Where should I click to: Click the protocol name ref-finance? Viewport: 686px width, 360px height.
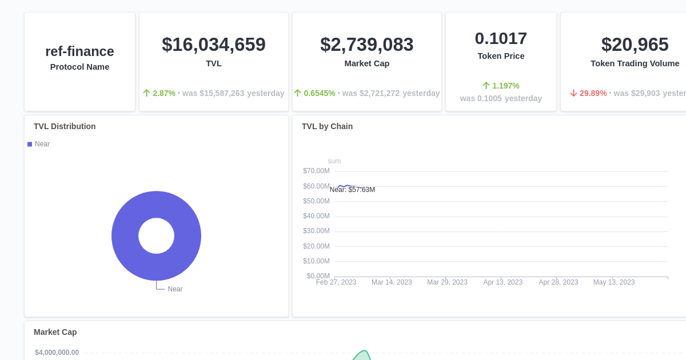point(79,51)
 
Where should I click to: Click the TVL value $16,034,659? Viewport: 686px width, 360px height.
point(213,45)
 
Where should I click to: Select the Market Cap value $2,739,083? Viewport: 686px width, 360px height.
point(366,45)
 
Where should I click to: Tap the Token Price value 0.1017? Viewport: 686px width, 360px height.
point(501,38)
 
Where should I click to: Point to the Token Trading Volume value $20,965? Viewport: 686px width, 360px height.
point(635,45)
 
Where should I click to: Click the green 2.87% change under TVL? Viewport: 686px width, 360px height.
point(163,93)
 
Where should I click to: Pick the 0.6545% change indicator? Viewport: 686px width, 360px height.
point(319,93)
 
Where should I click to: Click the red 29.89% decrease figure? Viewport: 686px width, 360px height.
point(593,93)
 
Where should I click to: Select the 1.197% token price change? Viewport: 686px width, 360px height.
point(505,86)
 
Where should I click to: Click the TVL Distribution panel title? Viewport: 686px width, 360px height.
point(65,126)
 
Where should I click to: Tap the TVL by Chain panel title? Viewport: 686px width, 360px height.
point(327,126)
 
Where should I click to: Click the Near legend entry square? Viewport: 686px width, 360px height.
point(30,144)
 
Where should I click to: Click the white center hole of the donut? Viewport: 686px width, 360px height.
point(156,235)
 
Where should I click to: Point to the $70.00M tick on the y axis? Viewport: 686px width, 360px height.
point(316,171)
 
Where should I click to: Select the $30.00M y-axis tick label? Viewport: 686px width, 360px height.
point(316,231)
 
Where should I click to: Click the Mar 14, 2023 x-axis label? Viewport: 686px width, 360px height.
point(392,282)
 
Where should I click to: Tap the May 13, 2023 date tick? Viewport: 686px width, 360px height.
point(613,282)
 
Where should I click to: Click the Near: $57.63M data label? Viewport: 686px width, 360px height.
point(352,190)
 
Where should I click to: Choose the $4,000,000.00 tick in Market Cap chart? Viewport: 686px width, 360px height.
point(57,353)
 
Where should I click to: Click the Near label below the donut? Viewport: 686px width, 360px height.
point(175,289)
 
